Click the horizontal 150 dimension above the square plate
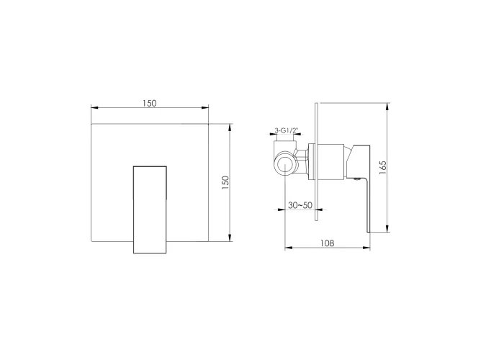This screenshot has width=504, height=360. pos(150,103)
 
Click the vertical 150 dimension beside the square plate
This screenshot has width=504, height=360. pos(225,182)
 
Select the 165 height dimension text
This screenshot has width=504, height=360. pos(383,168)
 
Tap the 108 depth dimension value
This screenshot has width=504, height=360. pos(327,243)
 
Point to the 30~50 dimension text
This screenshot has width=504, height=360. pos(300,205)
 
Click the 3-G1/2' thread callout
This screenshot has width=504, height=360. pos(287,130)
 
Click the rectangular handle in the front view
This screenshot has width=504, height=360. pos(150,210)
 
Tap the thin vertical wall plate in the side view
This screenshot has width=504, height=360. pos(316,162)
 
